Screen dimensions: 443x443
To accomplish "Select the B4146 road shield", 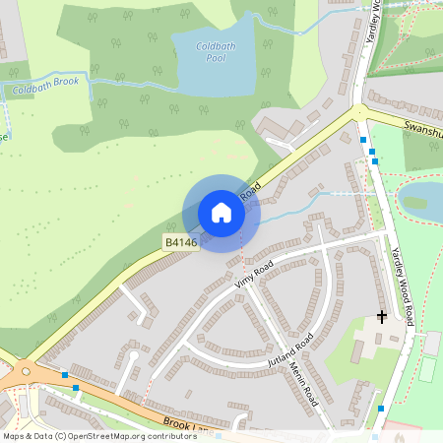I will coord(181,242).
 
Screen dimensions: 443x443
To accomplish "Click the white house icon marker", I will coord(221,213).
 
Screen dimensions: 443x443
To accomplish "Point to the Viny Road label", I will coord(254,280).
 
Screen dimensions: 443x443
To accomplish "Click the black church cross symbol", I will coord(382,317).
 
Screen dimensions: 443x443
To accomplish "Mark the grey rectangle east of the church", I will coord(432,343).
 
